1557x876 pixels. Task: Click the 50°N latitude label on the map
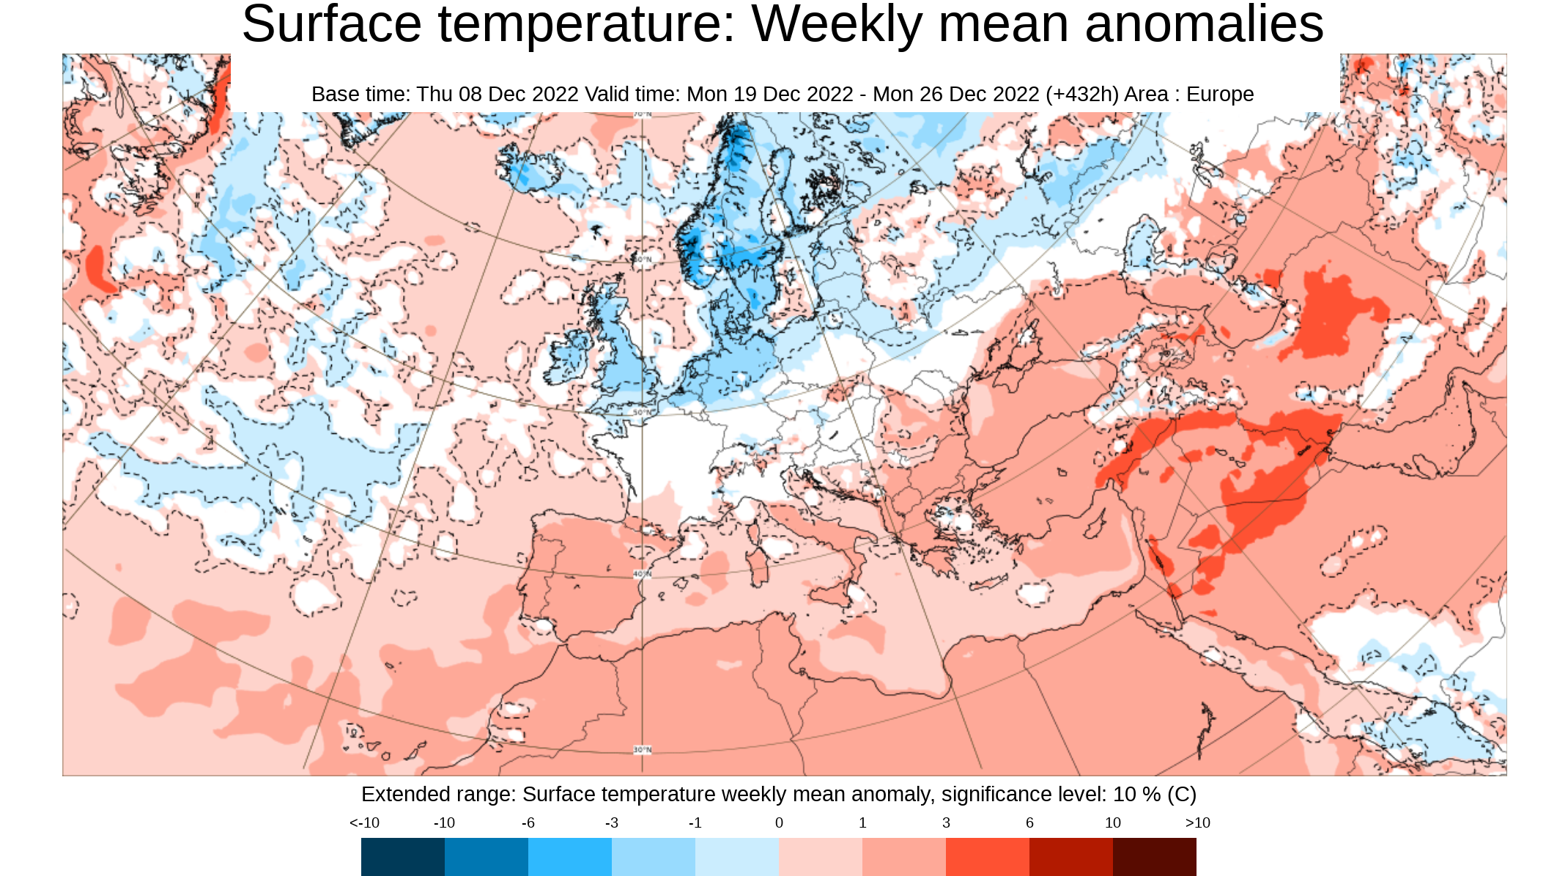point(642,413)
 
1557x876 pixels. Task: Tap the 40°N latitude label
point(642,574)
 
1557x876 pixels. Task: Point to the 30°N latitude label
point(642,750)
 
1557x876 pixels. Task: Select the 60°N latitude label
point(642,260)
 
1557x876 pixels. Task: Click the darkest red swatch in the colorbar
point(1154,856)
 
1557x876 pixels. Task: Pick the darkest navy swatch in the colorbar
point(402,856)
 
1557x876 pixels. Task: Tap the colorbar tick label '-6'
point(528,822)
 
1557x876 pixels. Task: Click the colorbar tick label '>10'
point(1197,822)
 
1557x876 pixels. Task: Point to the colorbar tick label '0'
point(779,822)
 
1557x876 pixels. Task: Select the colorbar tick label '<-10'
point(364,822)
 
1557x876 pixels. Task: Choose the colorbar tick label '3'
point(946,822)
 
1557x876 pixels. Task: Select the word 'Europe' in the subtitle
point(1220,95)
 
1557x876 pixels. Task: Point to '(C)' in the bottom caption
point(1182,795)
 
